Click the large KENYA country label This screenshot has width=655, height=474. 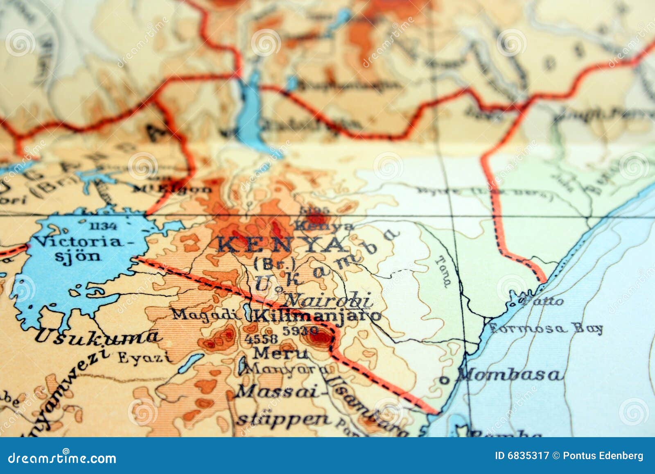280,245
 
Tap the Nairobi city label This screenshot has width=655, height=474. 327,300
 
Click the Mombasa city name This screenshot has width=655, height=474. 510,374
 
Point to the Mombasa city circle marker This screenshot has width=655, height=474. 443,380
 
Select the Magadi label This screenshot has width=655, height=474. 205,314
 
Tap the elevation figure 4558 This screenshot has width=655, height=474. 261,338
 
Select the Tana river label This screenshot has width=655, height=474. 443,271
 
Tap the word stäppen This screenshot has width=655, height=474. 284,419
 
